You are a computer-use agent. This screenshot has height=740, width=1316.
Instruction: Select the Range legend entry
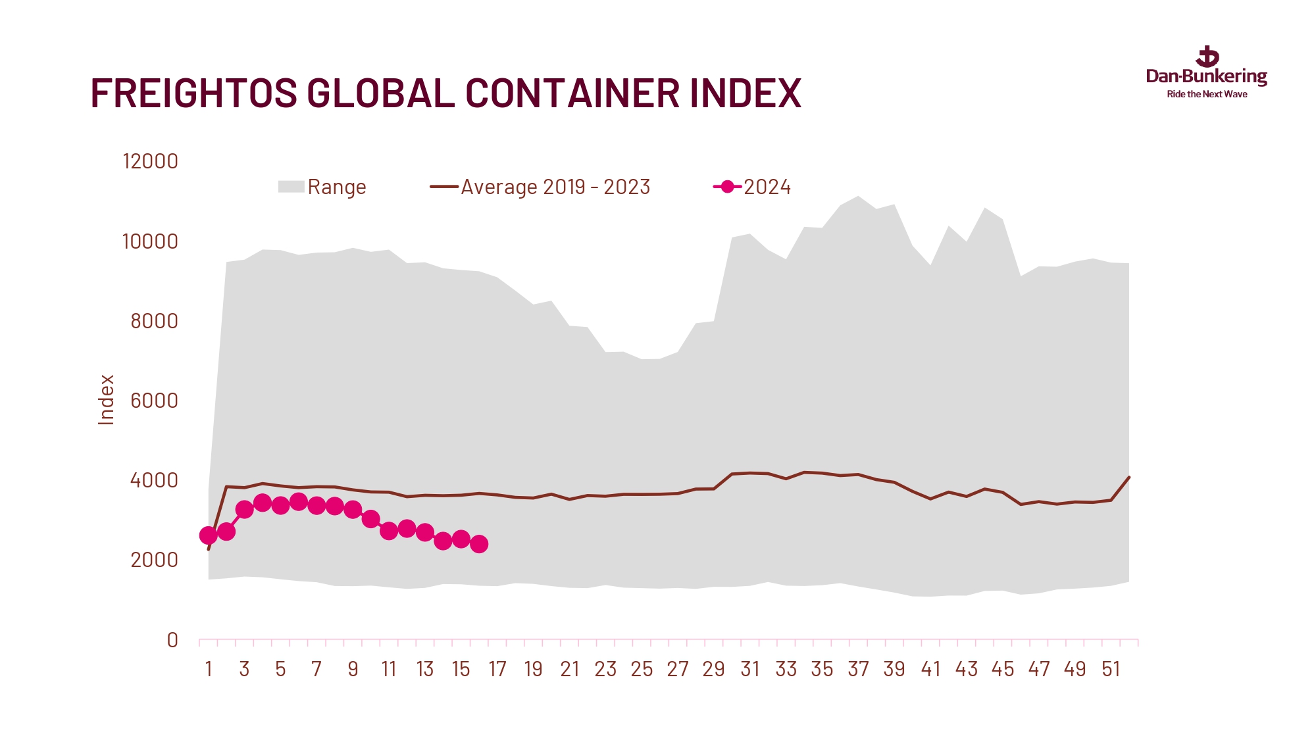322,187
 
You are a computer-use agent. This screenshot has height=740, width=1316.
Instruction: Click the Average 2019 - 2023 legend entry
540,187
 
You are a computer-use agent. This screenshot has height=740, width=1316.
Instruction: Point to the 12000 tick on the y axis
150,162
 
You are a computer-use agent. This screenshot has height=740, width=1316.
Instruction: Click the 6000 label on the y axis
154,401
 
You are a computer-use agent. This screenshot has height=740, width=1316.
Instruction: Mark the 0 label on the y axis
172,640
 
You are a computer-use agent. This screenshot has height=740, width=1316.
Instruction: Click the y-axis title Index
106,400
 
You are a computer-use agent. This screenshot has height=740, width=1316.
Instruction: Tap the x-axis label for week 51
1111,670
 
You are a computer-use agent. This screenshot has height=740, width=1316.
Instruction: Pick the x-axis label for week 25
642,670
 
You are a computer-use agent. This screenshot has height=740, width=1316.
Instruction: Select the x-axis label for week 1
209,670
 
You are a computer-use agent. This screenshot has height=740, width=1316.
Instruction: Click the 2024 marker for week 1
209,535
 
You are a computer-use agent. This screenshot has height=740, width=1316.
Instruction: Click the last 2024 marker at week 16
479,544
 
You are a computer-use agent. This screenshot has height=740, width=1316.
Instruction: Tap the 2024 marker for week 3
244,509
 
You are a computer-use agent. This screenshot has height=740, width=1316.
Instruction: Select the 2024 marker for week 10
370,519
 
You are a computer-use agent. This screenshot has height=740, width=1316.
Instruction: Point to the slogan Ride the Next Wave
1207,95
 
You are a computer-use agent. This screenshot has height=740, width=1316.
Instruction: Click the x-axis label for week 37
858,670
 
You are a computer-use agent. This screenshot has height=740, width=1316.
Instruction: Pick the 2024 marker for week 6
299,502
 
